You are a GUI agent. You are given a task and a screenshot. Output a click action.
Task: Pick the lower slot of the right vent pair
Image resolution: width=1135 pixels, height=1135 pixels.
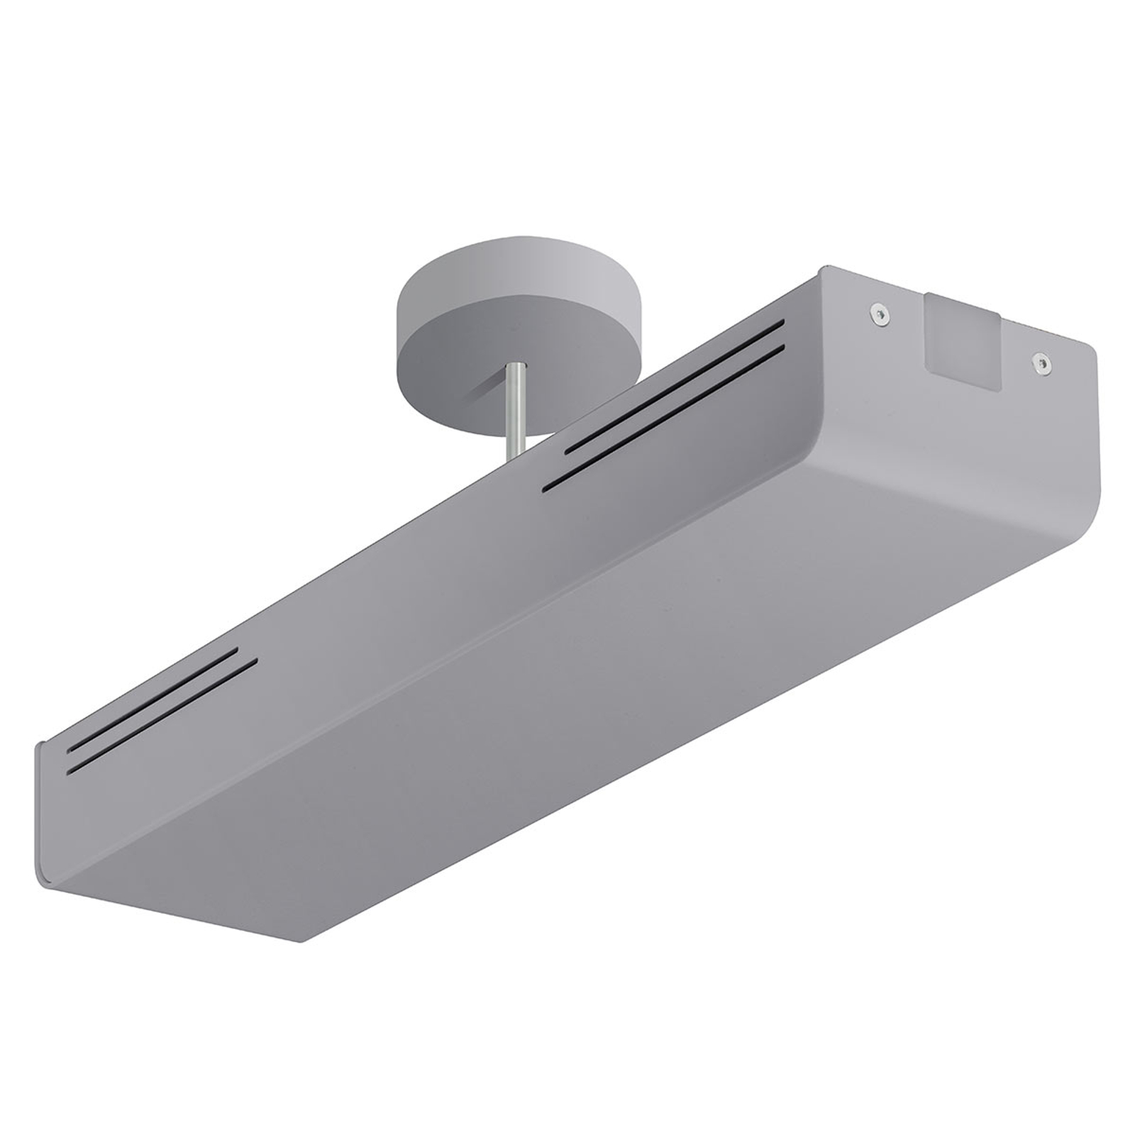tap(663, 418)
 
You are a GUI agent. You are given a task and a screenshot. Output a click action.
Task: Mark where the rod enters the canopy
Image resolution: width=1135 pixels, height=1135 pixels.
tap(516, 366)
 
